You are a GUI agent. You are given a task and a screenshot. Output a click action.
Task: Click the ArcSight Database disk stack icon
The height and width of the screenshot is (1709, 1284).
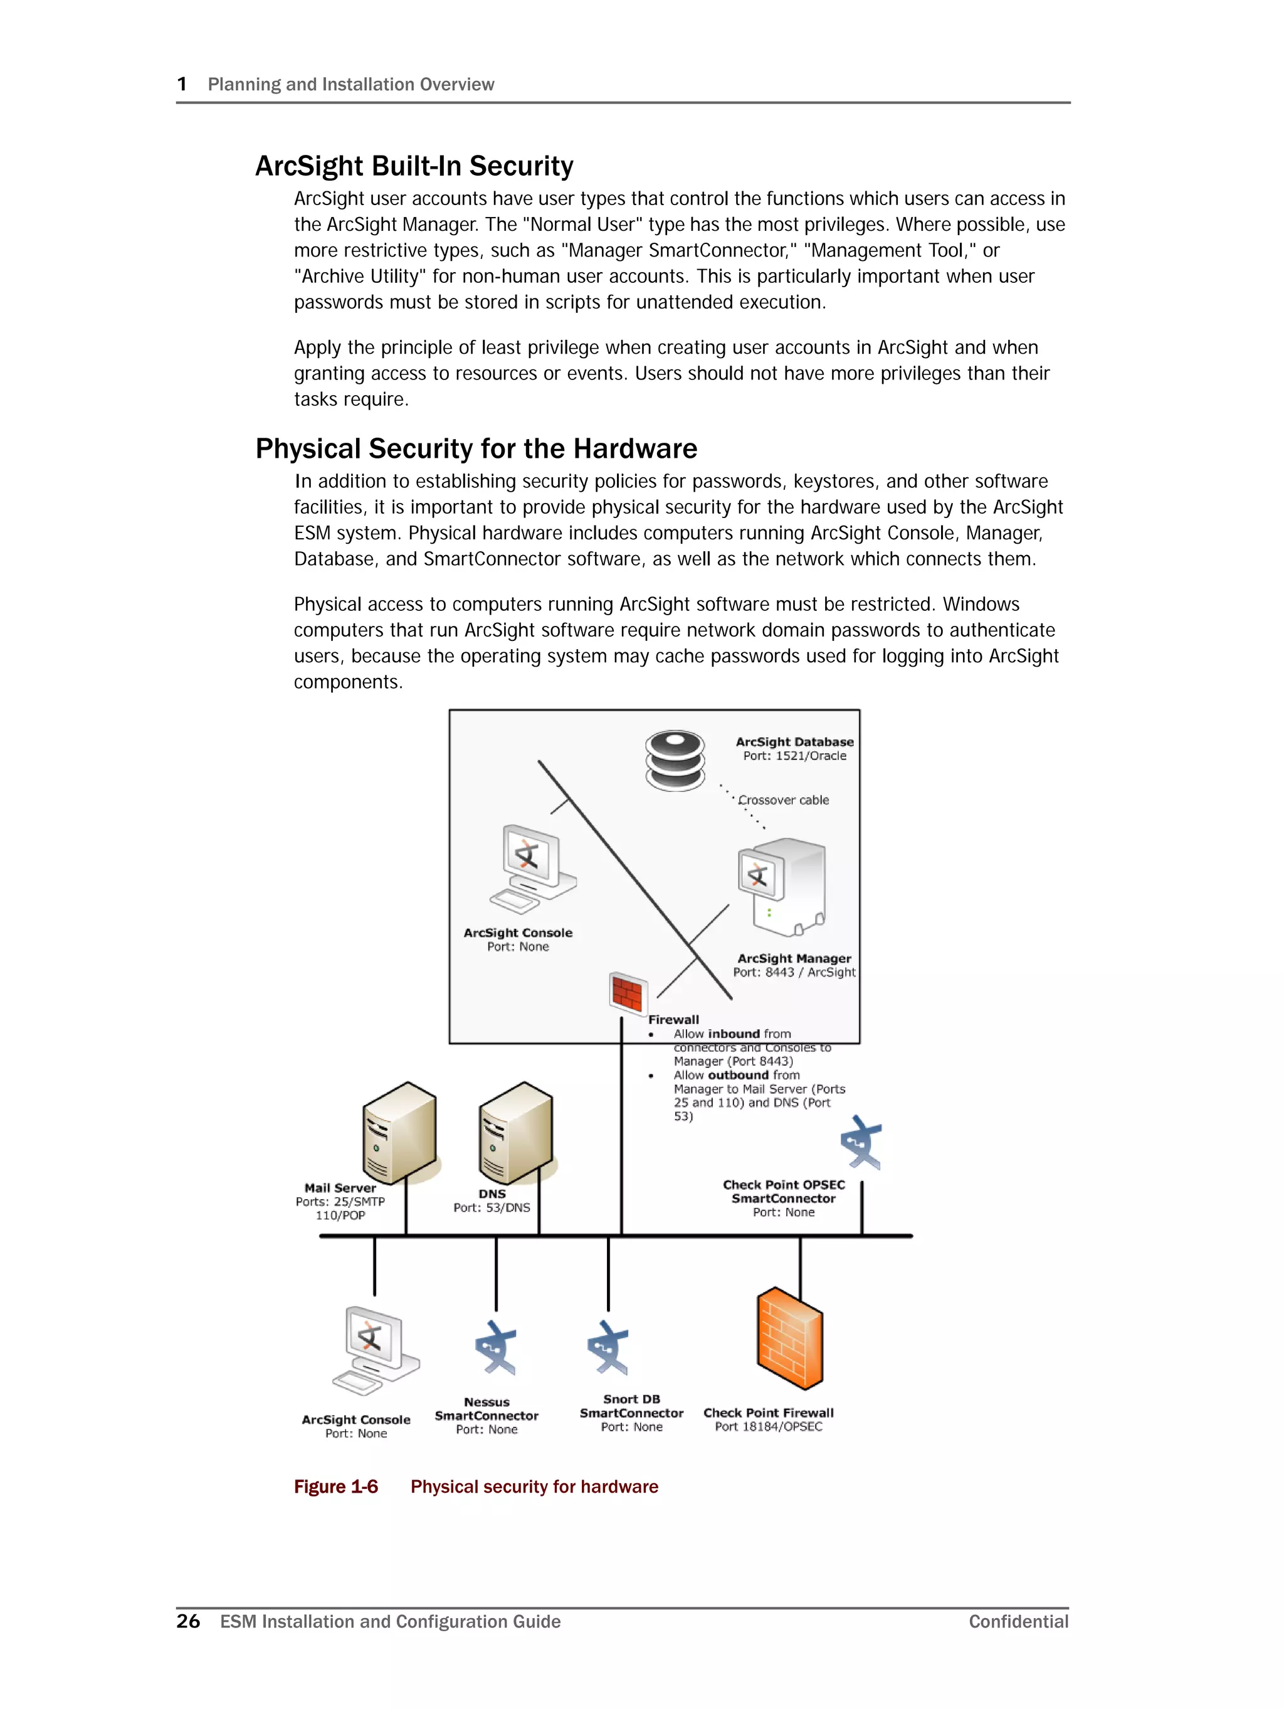click(675, 760)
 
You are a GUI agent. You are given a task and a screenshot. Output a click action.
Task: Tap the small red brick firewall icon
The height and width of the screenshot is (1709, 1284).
click(628, 992)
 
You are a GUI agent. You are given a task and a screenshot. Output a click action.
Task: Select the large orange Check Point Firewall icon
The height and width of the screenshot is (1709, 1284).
click(789, 1338)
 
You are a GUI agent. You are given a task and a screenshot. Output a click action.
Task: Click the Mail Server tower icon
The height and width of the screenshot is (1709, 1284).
click(399, 1133)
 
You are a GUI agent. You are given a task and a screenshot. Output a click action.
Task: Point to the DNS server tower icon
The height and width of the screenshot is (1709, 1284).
click(515, 1133)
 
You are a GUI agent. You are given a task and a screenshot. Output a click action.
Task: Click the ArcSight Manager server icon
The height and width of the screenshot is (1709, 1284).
click(782, 886)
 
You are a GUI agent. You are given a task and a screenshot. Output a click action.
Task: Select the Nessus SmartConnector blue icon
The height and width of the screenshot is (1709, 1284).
click(495, 1348)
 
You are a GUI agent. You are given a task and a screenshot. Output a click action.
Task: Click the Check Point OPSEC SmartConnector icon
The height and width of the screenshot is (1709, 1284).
click(861, 1141)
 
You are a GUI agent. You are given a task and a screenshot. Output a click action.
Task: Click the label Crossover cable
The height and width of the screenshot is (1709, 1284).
click(784, 800)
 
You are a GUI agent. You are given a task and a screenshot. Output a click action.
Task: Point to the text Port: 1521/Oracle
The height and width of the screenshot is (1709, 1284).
click(794, 756)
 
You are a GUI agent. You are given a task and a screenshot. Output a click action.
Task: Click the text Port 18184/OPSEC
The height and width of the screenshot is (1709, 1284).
click(768, 1427)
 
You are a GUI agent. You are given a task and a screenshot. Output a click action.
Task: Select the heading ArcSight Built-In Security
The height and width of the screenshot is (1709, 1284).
click(414, 166)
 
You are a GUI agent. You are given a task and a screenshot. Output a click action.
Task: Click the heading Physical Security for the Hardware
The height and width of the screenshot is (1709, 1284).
click(476, 449)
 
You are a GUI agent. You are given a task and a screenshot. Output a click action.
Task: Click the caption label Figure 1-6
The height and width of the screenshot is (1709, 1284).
click(335, 1487)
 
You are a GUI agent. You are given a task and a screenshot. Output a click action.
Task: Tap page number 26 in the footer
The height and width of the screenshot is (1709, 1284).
click(187, 1622)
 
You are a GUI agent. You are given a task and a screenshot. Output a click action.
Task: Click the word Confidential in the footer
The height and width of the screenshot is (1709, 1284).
click(1018, 1622)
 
